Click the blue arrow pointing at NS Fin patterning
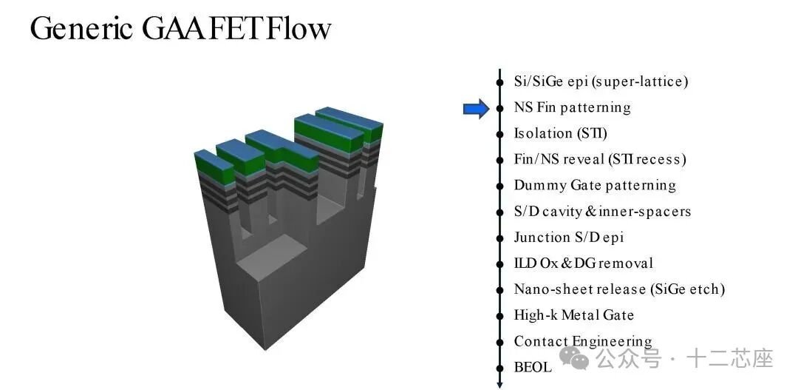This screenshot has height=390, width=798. pyautogui.click(x=476, y=109)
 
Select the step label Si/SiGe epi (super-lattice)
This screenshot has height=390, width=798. pyautogui.click(x=601, y=81)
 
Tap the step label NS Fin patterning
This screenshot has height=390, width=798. pyautogui.click(x=572, y=107)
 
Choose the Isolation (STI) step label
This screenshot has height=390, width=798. pyautogui.click(x=560, y=133)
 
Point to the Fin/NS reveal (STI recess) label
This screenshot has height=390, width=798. pyautogui.click(x=600, y=159)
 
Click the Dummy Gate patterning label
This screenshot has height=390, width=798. pyautogui.click(x=595, y=185)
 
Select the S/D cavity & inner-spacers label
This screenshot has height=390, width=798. pyautogui.click(x=602, y=211)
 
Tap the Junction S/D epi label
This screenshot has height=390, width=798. pyautogui.click(x=568, y=237)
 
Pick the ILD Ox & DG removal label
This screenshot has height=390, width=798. pyautogui.click(x=583, y=263)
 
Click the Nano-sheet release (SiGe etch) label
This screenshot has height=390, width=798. pyautogui.click(x=619, y=289)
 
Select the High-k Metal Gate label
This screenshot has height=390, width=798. pyautogui.click(x=573, y=315)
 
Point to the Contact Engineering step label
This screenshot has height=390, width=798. pyautogui.click(x=583, y=341)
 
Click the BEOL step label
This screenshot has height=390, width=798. pyautogui.click(x=533, y=367)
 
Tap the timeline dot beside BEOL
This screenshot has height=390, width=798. pyautogui.click(x=500, y=367)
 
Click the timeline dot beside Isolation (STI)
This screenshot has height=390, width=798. pyautogui.click(x=500, y=133)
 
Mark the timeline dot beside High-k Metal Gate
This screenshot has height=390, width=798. pyautogui.click(x=500, y=315)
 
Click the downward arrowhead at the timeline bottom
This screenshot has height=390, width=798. pyautogui.click(x=500, y=383)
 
